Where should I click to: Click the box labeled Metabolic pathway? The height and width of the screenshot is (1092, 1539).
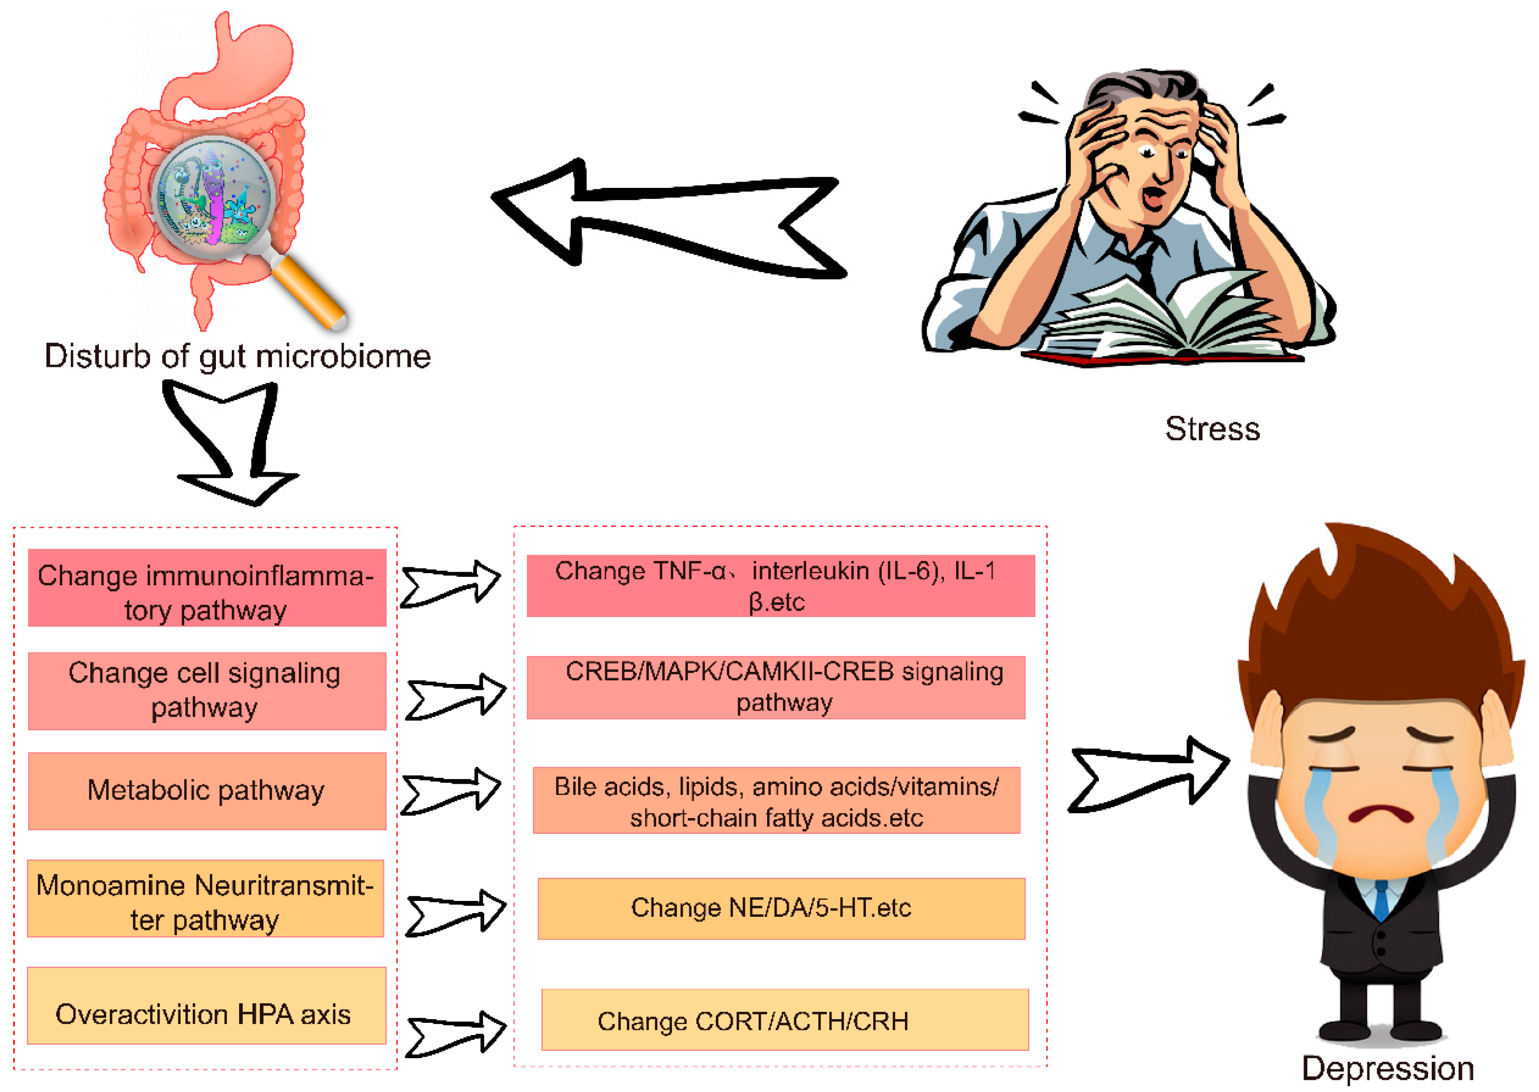206,791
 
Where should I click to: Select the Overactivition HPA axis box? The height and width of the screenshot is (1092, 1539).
206,1006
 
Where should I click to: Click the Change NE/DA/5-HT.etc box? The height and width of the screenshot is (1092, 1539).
781,908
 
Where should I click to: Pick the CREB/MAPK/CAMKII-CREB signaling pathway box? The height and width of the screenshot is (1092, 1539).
776,687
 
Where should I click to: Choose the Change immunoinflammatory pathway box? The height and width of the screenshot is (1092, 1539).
206,587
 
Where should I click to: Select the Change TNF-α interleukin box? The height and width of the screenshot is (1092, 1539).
780,586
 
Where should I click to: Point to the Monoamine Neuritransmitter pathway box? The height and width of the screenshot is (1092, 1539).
205,899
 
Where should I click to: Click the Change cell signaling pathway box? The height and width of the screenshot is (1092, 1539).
206,690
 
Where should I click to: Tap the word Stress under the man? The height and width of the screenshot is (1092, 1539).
1212,429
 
